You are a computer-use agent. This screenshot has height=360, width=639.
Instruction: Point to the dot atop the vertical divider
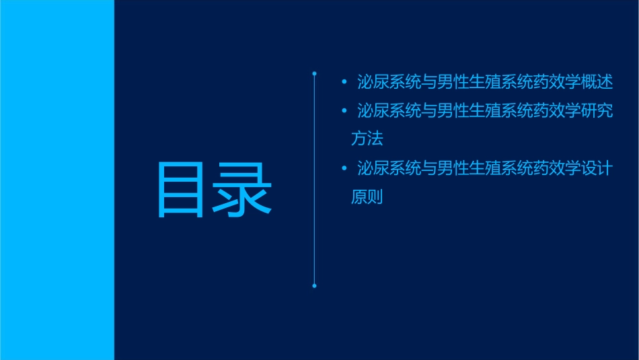(314, 73)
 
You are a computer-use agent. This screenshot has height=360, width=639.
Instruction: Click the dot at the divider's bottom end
(314, 285)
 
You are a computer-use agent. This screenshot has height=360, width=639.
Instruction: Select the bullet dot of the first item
(344, 83)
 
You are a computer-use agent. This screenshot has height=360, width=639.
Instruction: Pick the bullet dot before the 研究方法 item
(344, 110)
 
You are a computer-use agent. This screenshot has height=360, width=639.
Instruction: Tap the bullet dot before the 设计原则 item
(344, 168)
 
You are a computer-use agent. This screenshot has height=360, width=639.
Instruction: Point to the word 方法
(367, 139)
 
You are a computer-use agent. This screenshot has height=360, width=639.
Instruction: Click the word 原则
(367, 197)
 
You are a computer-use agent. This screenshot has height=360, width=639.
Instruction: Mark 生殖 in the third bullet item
(484, 168)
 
